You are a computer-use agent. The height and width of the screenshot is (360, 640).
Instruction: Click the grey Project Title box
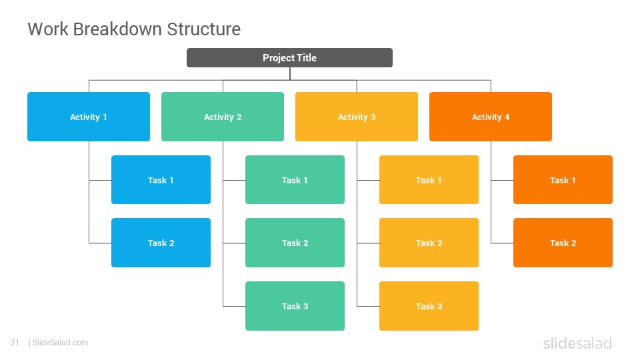click(x=289, y=57)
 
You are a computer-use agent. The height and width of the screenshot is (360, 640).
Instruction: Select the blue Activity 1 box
click(x=89, y=117)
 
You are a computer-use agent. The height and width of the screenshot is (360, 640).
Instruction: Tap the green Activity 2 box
click(x=223, y=117)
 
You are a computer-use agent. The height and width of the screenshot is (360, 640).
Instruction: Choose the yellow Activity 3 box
click(x=356, y=117)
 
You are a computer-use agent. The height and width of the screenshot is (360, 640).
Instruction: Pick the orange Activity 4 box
click(x=491, y=117)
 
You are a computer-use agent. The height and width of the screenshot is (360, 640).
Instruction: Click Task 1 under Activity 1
click(x=161, y=179)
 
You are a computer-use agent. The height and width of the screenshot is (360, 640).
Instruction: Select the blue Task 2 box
click(x=161, y=243)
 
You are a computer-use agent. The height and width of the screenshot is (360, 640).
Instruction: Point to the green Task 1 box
click(x=295, y=179)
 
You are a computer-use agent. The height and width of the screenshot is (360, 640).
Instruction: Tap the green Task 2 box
click(x=295, y=243)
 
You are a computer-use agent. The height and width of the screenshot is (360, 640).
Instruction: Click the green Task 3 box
click(x=295, y=306)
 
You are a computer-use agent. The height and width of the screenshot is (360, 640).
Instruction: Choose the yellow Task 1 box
click(x=429, y=179)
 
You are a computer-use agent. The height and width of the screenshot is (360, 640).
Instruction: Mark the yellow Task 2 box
click(x=429, y=243)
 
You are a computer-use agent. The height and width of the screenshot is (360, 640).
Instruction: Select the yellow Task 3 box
click(x=429, y=306)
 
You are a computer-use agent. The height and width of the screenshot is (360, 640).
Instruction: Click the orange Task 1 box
click(x=563, y=179)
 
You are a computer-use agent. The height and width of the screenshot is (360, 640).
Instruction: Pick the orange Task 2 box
click(x=563, y=243)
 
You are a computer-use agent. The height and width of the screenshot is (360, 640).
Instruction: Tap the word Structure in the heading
click(x=204, y=29)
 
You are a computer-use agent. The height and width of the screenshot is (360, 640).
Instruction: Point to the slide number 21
click(x=15, y=343)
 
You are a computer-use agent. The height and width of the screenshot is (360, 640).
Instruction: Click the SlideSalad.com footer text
click(x=61, y=343)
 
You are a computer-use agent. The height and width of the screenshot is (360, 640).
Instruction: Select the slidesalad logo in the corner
click(x=577, y=343)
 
